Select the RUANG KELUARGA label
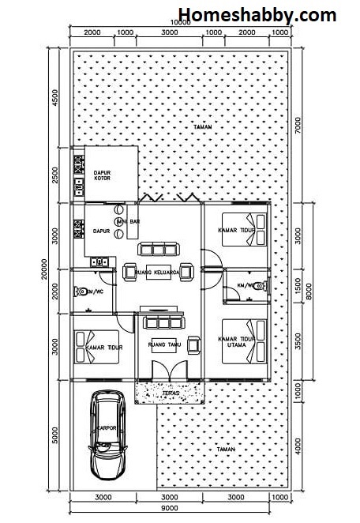[x=163, y=273]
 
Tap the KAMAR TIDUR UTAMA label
[x=237, y=343]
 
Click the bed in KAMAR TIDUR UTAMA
[x=247, y=340]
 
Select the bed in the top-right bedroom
[x=245, y=229]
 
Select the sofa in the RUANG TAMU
[x=162, y=322]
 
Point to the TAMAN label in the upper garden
[x=204, y=127]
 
